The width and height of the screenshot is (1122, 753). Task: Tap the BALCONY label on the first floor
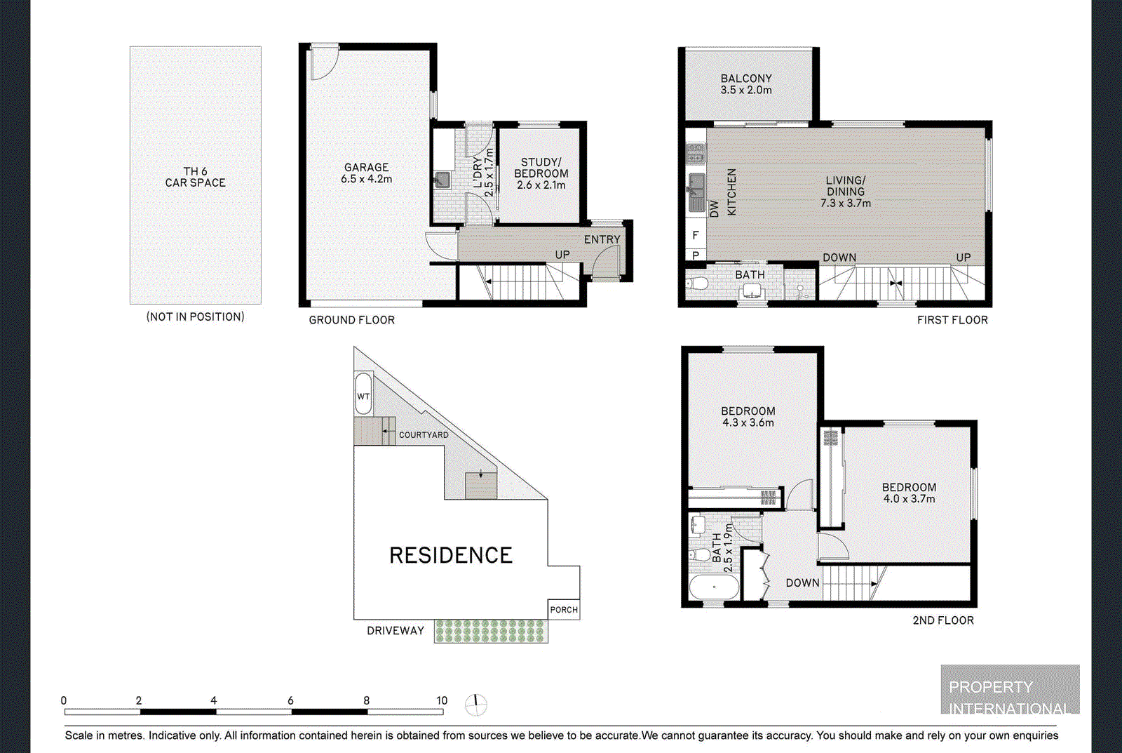tap(746, 78)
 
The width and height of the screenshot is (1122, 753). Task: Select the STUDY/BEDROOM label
tap(541, 168)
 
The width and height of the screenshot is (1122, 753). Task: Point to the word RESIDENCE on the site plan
tap(451, 555)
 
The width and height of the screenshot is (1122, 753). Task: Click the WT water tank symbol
tap(363, 394)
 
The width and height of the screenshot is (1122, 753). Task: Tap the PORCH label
tap(564, 610)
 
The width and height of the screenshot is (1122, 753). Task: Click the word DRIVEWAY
tap(396, 631)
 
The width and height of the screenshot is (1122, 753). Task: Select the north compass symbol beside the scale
tap(476, 705)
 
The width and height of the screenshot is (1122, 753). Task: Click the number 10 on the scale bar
tap(441, 700)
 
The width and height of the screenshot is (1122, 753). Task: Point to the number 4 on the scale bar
tap(214, 700)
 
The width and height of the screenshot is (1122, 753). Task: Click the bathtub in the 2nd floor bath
tap(714, 587)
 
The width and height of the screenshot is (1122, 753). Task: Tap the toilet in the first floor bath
tap(696, 284)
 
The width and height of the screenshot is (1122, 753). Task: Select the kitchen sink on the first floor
tap(696, 192)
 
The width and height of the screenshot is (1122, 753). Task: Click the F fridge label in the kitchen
tap(695, 234)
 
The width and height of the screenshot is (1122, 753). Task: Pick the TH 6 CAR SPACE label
tap(196, 177)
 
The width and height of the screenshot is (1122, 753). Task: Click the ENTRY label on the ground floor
tap(602, 239)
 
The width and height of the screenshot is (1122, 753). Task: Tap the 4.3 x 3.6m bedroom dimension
tap(748, 422)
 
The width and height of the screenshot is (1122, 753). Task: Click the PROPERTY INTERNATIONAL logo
tap(1010, 689)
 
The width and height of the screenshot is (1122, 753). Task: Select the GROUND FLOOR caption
tap(351, 320)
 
